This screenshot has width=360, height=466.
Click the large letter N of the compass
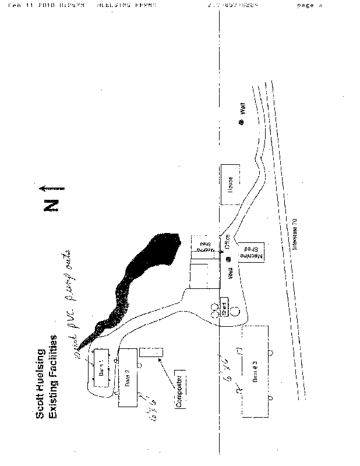point(51,205)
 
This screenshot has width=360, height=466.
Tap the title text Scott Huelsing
point(41,383)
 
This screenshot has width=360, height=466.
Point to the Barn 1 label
point(100,368)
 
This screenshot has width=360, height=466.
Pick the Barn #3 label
point(254,378)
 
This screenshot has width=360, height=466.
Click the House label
point(231,184)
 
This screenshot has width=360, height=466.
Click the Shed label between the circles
point(224,306)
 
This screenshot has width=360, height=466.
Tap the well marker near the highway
point(241,122)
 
